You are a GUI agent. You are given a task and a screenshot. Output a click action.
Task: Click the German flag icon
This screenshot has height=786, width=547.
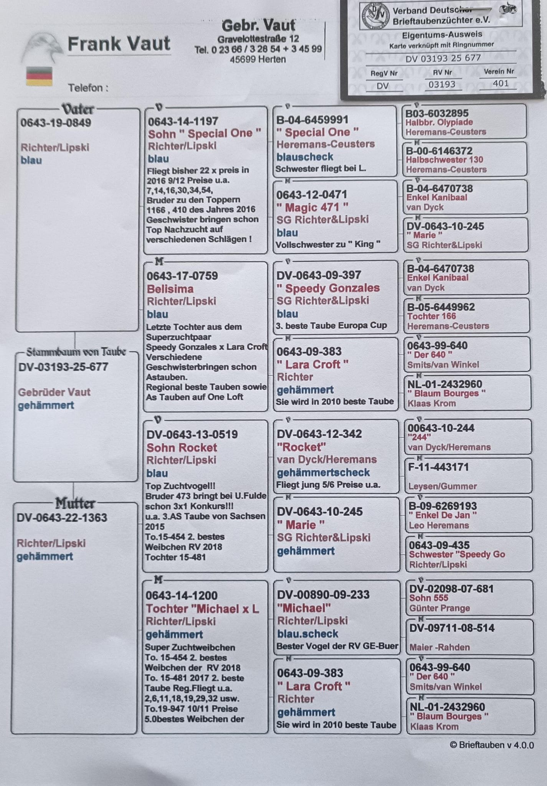pos(39,76)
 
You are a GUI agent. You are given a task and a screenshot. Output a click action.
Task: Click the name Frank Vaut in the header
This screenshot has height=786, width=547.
pos(119,44)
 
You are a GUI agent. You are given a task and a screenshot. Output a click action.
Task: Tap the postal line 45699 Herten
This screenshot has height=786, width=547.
pos(258,59)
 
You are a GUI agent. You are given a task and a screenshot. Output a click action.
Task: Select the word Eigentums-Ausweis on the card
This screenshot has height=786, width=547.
pos(442,35)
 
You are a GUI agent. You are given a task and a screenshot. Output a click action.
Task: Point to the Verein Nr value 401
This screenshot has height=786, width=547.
pos(501,83)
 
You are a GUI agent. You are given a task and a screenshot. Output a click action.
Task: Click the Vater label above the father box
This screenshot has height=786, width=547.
pos(78,109)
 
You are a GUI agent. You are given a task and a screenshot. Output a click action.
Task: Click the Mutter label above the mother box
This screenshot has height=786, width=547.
pos(75,503)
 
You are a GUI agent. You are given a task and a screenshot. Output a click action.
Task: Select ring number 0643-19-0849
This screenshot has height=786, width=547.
pos(56,123)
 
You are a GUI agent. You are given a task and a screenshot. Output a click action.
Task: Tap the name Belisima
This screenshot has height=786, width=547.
pos(170,289)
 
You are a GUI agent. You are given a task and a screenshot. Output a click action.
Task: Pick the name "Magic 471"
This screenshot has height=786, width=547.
pos(312,208)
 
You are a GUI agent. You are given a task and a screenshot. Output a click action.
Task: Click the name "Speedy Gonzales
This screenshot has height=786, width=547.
pos(328,288)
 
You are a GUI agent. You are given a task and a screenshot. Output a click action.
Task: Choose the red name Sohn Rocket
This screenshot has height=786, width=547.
pos(182,447)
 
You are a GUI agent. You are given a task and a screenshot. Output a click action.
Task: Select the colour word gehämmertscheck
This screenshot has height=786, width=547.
pos(323,472)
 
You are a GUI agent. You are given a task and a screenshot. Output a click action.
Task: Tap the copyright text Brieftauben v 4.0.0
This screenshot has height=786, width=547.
pos(491,745)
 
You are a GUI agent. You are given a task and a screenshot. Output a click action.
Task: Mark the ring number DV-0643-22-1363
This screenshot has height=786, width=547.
pos(62,518)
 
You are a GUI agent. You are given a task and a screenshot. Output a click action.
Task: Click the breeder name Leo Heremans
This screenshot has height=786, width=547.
pos(438,525)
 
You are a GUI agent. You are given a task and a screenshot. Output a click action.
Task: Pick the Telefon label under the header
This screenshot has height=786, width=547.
pos(88,88)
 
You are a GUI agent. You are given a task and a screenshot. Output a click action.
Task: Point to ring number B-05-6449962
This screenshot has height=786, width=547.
pos(441,307)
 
